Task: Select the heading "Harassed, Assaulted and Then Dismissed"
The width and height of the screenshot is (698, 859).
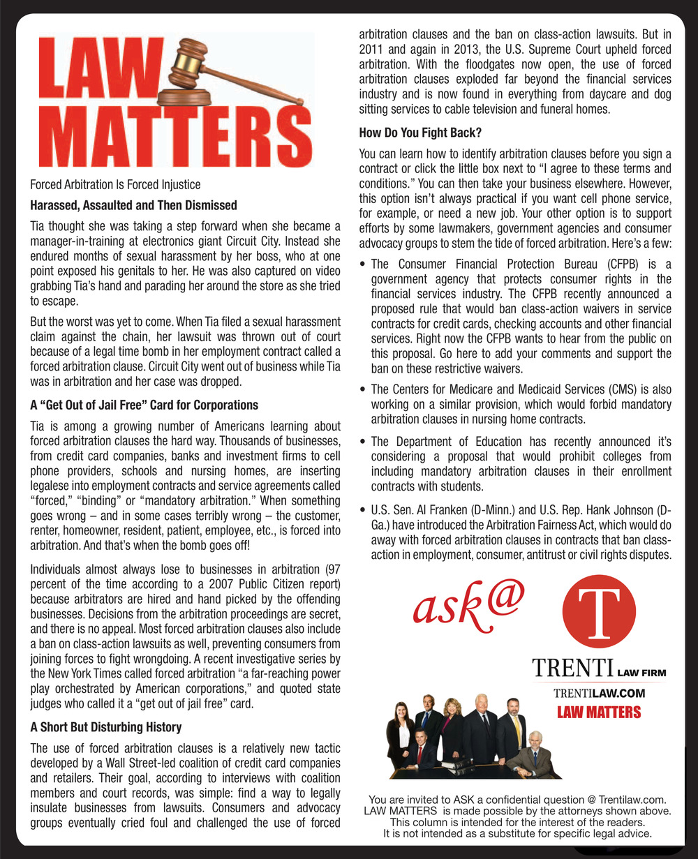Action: (x=133, y=205)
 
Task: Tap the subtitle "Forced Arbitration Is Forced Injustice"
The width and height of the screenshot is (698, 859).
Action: (x=115, y=185)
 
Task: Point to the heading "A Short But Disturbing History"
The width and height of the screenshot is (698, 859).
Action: (x=105, y=727)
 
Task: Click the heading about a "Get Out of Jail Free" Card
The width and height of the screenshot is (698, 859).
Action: (x=144, y=405)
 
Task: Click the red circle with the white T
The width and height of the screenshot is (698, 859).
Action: (x=600, y=613)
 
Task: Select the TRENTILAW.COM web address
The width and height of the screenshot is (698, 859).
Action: (x=598, y=693)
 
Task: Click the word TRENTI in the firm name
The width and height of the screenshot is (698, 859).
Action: (x=572, y=669)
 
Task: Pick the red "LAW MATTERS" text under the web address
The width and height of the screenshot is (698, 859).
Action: (x=598, y=712)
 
